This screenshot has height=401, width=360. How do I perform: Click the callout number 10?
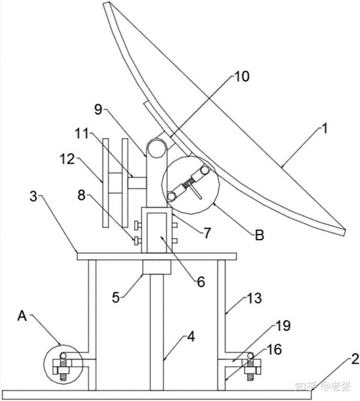(242, 76)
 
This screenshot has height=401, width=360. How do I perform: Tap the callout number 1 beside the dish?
(324, 128)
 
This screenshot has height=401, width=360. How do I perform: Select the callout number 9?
(98, 109)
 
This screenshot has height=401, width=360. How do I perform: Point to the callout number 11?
(82, 133)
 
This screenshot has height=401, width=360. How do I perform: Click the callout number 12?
(67, 159)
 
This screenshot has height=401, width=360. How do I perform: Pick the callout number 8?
(82, 196)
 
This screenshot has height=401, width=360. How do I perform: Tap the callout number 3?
(34, 197)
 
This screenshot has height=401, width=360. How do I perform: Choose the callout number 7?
(207, 233)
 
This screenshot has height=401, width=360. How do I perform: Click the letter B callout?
(259, 235)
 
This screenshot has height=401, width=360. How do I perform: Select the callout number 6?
(201, 282)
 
